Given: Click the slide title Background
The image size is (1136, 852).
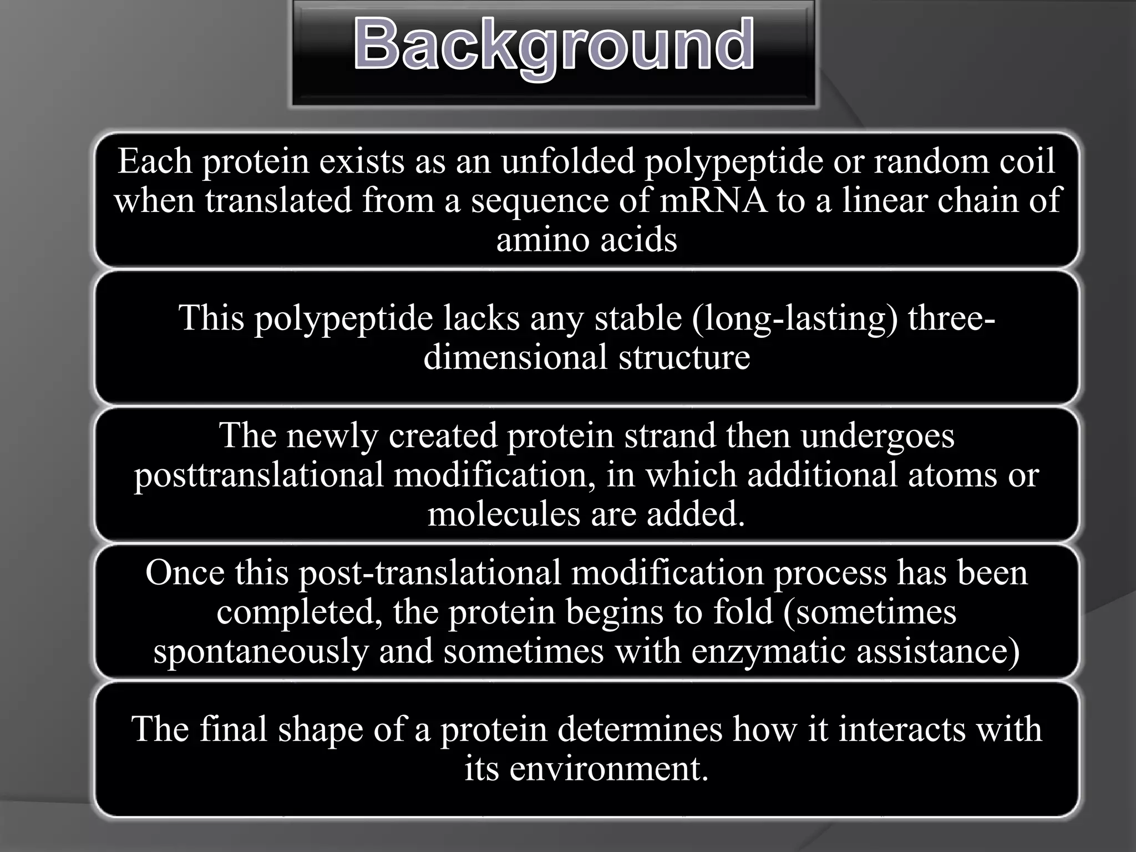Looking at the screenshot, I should click(554, 45).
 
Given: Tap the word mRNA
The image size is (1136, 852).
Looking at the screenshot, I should click(713, 200).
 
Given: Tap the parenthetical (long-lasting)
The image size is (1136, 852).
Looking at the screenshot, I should click(795, 319).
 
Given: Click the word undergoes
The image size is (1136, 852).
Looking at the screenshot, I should click(878, 437).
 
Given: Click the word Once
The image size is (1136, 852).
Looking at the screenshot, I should click(185, 572).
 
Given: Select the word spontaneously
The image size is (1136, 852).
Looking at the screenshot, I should click(261, 651).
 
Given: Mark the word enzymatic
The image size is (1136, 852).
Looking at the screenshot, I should click(768, 651).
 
